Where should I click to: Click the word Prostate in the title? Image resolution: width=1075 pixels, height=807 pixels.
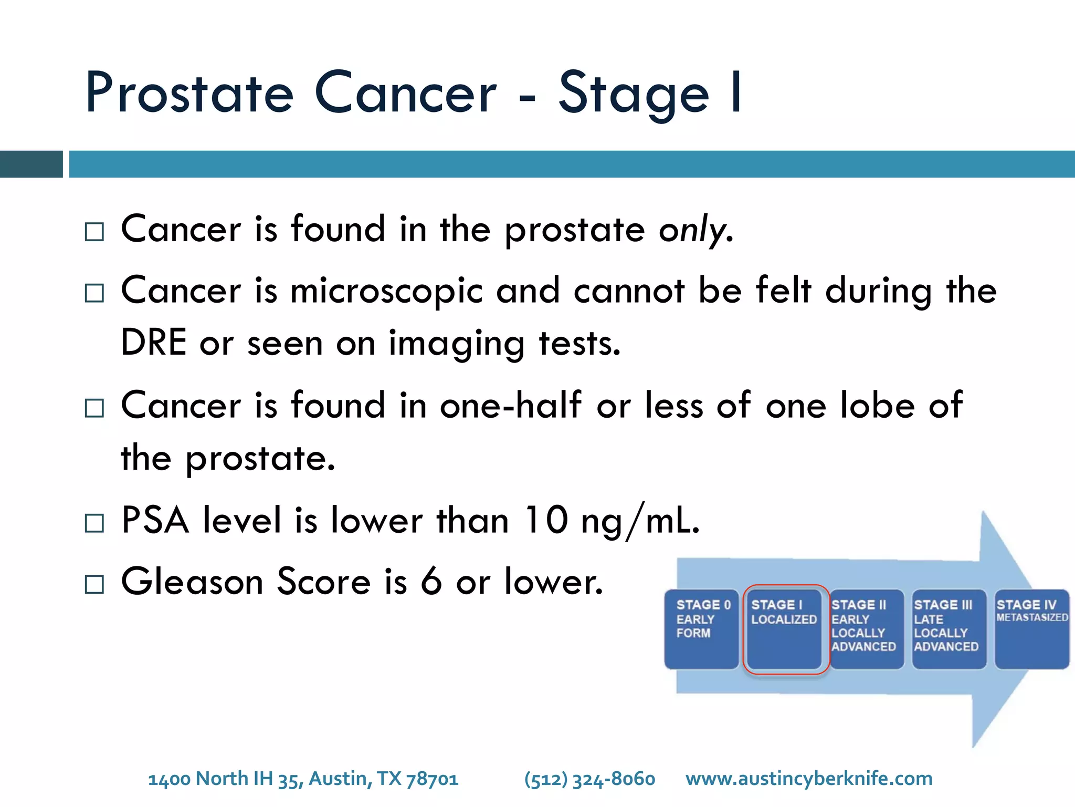[x=189, y=94]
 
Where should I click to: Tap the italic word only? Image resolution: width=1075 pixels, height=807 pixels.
[x=695, y=230]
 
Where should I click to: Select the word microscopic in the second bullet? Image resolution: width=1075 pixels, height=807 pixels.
[x=386, y=291]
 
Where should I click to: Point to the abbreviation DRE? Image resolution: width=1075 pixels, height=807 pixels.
[x=153, y=343]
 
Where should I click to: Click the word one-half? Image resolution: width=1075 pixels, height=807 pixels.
[x=510, y=405]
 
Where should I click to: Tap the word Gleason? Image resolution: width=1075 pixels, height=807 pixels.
[x=192, y=582]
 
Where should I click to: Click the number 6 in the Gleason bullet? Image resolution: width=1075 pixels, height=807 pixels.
[x=431, y=582]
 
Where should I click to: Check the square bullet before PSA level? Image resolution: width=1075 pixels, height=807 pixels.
[x=94, y=523]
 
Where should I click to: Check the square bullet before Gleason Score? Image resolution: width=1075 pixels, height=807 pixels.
[x=94, y=584]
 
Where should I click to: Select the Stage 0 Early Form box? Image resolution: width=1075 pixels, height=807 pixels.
[x=701, y=629]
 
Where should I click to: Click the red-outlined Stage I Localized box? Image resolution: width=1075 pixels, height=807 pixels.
[x=784, y=629]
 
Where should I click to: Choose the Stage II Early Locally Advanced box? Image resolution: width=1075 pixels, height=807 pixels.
[x=866, y=629]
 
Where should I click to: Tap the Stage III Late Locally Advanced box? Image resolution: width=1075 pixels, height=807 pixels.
[x=948, y=629]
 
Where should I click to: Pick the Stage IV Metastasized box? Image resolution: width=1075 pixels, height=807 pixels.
[x=1031, y=629]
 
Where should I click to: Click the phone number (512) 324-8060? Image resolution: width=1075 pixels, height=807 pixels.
[x=589, y=779]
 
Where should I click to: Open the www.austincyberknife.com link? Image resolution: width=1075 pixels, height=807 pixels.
[x=809, y=779]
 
